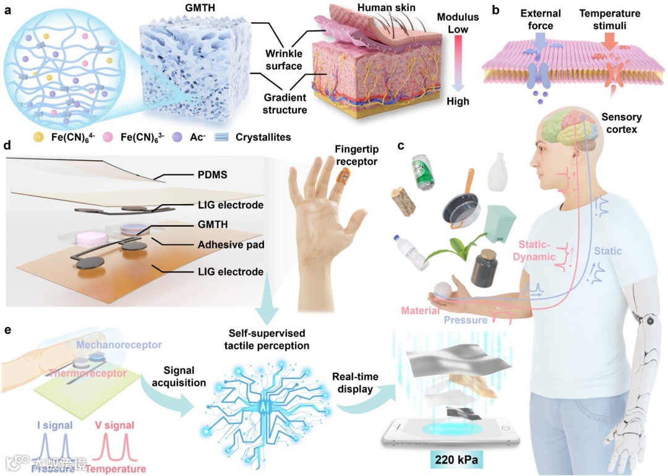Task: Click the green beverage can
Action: [x=423, y=172]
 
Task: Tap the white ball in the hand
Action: [x=443, y=289]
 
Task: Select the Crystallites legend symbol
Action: [x=229, y=137]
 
